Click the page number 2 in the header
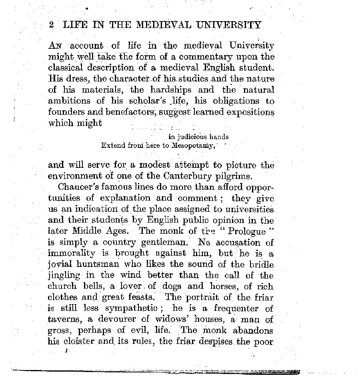click(x=51, y=25)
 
